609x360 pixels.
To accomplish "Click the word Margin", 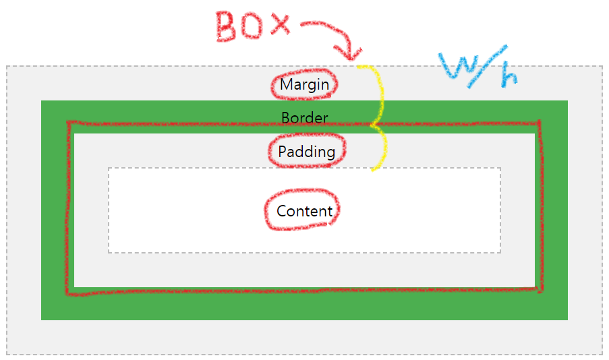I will click(x=305, y=85).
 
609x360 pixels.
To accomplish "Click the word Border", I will click(x=305, y=118).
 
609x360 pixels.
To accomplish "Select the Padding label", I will click(x=307, y=152).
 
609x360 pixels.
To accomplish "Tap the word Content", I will click(x=305, y=211).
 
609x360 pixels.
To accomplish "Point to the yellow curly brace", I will click(x=379, y=118).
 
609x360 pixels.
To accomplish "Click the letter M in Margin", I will click(x=286, y=85).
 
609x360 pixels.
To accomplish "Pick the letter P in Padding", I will click(x=283, y=152).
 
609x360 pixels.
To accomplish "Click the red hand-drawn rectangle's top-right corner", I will click(x=539, y=123).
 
